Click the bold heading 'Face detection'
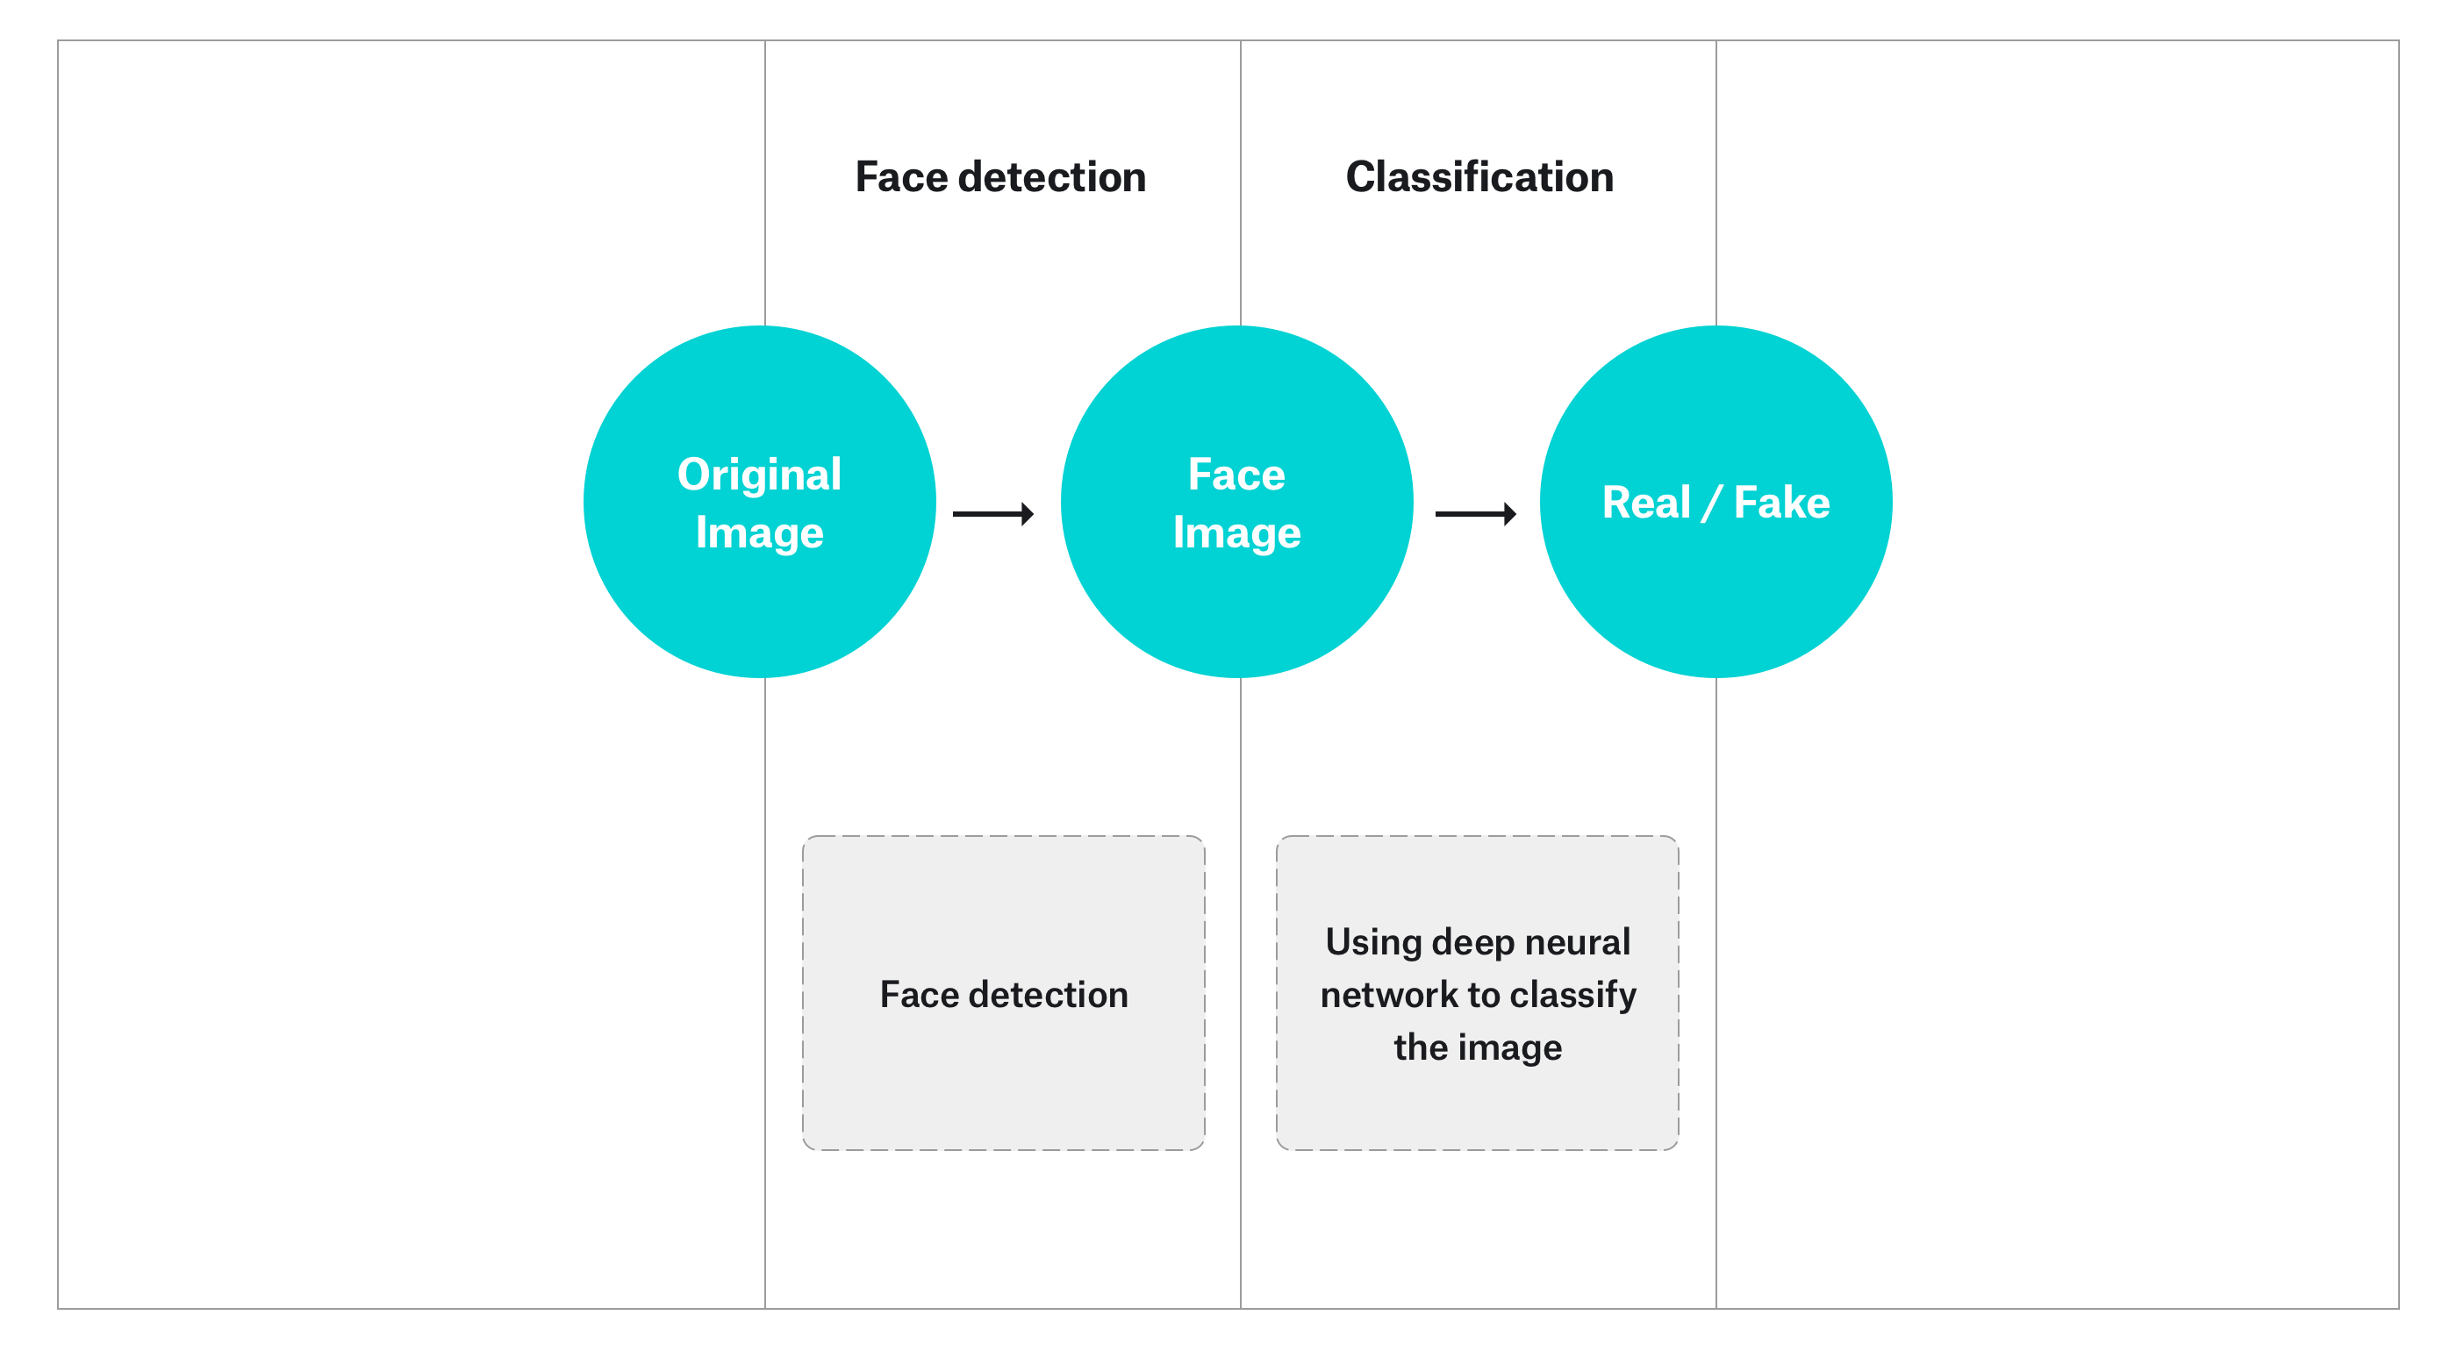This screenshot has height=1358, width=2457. tap(999, 177)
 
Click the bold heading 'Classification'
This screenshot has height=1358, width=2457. tap(1479, 177)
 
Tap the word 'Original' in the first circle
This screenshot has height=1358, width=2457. tap(758, 474)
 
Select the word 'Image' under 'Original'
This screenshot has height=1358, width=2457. tap(758, 532)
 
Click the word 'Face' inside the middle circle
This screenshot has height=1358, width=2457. tap(1236, 474)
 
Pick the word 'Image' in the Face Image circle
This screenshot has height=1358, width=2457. tap(1236, 532)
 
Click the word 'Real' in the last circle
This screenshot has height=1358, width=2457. tap(1645, 503)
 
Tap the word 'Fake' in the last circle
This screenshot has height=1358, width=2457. tap(1780, 503)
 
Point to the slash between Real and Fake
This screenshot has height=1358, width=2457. tap(1711, 504)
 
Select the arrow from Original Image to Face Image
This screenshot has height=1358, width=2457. tap(993, 514)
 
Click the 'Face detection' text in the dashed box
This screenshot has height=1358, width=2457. tap(1003, 995)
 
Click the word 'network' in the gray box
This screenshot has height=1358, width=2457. tap(1389, 995)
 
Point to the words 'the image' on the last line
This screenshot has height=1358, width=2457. tap(1478, 1047)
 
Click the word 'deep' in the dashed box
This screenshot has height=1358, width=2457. tap(1472, 942)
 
